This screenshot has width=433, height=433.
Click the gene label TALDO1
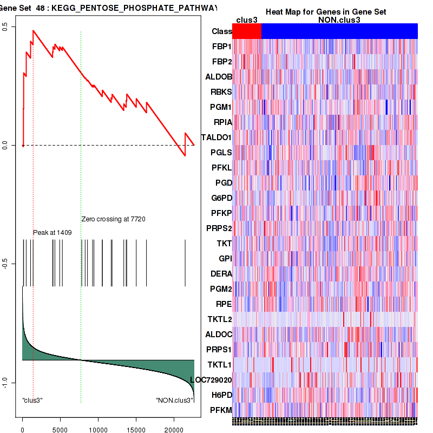point(216,137)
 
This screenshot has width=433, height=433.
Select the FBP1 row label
point(222,47)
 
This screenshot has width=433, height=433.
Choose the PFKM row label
point(221,410)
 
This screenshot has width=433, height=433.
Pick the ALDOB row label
point(219,77)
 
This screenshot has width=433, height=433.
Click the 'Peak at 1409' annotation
point(53,232)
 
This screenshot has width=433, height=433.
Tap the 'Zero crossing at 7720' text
point(113,219)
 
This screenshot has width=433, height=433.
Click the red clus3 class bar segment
point(247,31)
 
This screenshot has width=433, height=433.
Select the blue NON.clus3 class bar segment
point(339,31)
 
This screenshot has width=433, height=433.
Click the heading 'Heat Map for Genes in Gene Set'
point(326,12)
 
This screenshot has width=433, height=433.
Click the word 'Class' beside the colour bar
point(222,31)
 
